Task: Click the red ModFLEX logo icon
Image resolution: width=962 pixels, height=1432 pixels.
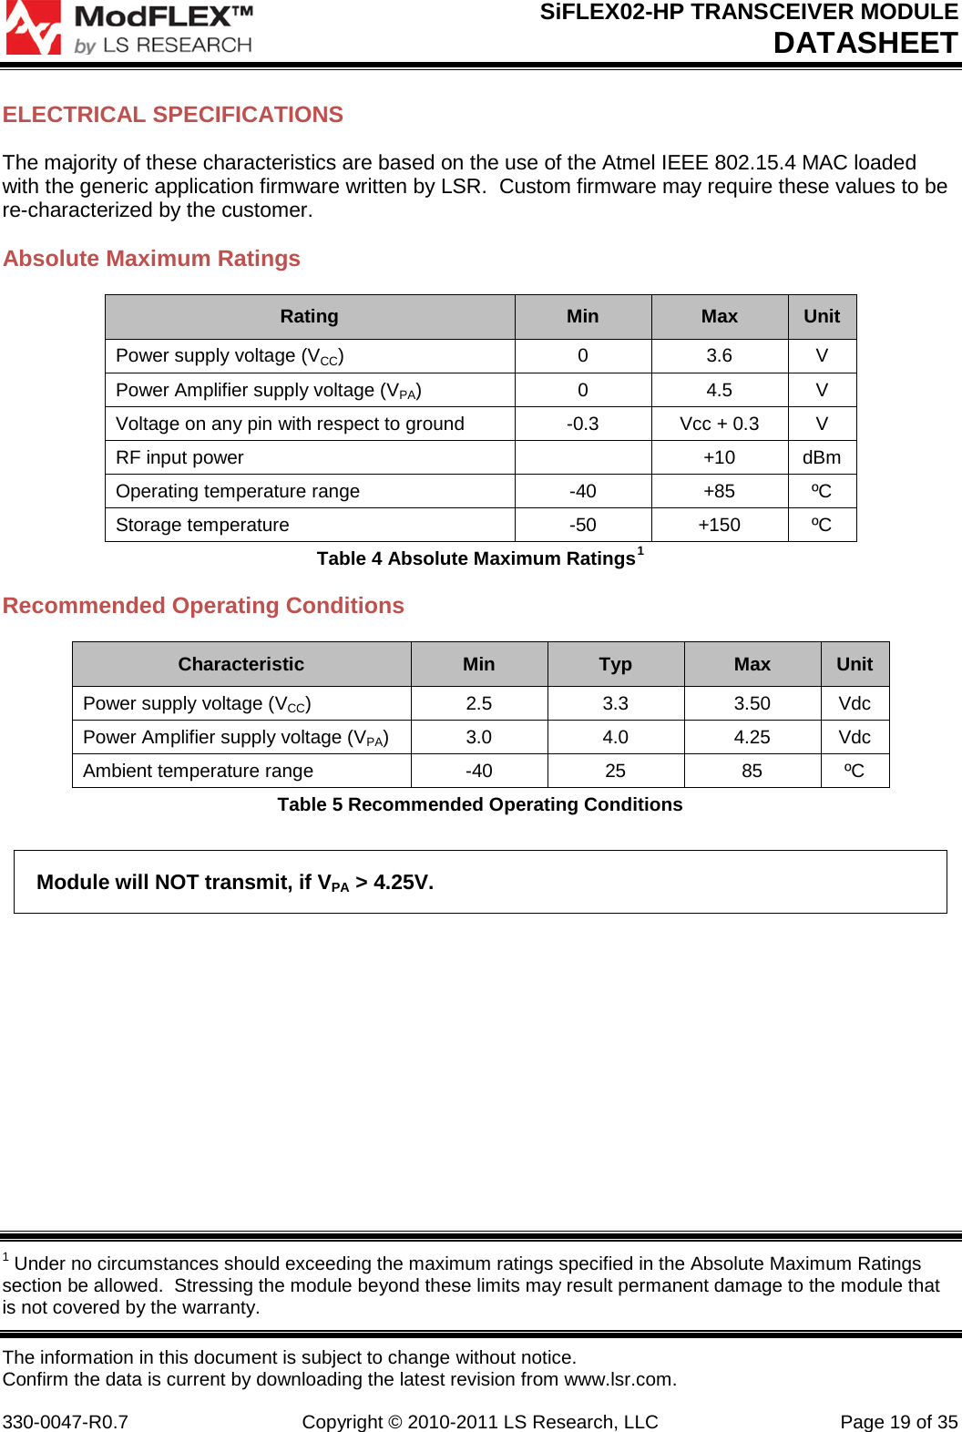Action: [33, 27]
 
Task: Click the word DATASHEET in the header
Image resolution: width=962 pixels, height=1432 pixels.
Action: [865, 43]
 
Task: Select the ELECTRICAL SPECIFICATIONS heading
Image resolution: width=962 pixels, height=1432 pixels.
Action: [173, 115]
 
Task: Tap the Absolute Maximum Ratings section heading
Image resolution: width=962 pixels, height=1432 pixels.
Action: [151, 259]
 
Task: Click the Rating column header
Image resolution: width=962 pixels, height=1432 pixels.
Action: [309, 317]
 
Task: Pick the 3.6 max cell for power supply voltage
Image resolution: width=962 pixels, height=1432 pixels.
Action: [719, 356]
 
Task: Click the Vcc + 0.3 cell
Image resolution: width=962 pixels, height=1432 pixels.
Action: [719, 424]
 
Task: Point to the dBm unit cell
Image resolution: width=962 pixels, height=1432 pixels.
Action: [821, 457]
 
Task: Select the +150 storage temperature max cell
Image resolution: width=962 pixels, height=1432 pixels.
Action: [719, 525]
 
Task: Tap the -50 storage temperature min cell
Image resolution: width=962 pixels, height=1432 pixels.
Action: [582, 525]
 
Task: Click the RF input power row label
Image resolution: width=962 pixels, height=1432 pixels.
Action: [179, 457]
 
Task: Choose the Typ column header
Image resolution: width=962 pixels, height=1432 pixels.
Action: [615, 665]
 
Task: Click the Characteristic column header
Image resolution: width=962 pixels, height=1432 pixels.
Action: [240, 665]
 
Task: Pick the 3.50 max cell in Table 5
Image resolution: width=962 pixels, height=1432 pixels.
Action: [752, 703]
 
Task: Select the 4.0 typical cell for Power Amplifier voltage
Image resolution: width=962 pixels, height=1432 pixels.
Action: [615, 737]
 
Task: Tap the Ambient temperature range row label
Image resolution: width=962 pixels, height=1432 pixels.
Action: [198, 771]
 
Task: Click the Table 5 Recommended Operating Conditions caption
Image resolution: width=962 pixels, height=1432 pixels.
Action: [479, 804]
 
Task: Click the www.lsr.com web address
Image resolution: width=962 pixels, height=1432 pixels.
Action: [619, 1379]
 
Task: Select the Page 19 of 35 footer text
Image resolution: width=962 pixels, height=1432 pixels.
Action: [898, 1422]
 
